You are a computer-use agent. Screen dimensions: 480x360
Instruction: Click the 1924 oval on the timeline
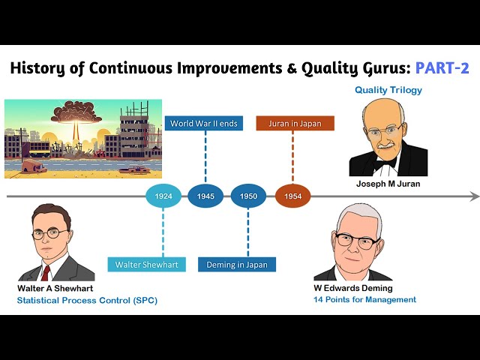163,196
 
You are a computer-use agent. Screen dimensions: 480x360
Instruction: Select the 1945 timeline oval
205,196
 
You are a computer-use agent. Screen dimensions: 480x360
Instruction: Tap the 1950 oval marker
248,196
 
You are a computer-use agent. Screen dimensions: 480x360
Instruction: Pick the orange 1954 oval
293,196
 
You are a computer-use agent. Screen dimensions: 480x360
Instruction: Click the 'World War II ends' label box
204,123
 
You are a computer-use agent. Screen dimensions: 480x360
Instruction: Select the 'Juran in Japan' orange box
295,123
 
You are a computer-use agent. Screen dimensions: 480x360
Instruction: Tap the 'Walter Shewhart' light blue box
147,265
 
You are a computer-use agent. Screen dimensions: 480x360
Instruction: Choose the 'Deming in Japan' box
237,265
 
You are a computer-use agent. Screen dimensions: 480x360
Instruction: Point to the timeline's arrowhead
475,196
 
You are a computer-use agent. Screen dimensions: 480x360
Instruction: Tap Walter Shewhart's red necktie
46,273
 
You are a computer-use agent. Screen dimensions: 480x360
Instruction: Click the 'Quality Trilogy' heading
388,90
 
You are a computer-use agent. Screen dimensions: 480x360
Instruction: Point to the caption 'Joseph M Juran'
388,184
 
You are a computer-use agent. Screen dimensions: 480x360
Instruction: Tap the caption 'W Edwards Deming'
353,288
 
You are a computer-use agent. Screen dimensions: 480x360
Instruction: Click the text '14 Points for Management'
364,299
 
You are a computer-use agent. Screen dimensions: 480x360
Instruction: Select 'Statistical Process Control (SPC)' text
87,300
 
